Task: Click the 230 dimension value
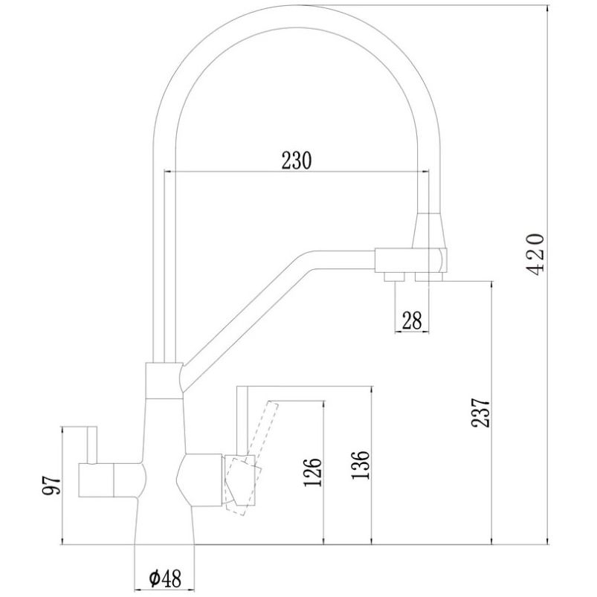[x=296, y=161]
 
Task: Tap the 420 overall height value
[x=535, y=254]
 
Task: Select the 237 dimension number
[x=480, y=413]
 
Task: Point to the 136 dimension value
[x=360, y=465]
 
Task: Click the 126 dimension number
[x=312, y=473]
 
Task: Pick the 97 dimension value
[x=51, y=485]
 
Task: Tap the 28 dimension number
[x=412, y=320]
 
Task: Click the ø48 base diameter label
[x=165, y=579]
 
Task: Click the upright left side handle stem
[x=92, y=445]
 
